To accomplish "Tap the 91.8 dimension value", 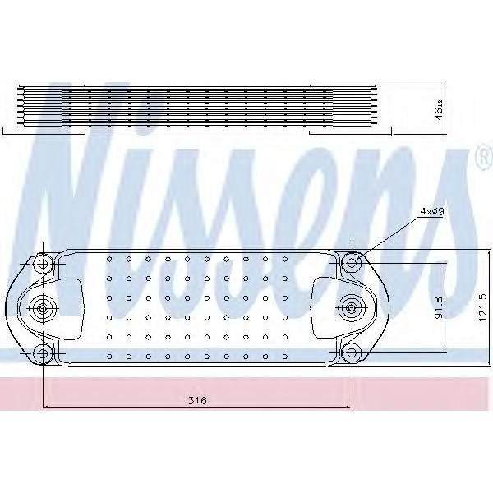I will tap(440, 308).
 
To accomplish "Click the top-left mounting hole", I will tap(43, 264).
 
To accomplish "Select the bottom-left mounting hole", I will tap(43, 353).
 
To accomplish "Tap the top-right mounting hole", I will tap(352, 264).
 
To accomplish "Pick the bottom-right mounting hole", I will tap(352, 353).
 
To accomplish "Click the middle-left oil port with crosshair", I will tap(42, 308).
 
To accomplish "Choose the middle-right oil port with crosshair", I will tap(352, 308).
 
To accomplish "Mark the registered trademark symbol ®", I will tap(481, 159).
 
